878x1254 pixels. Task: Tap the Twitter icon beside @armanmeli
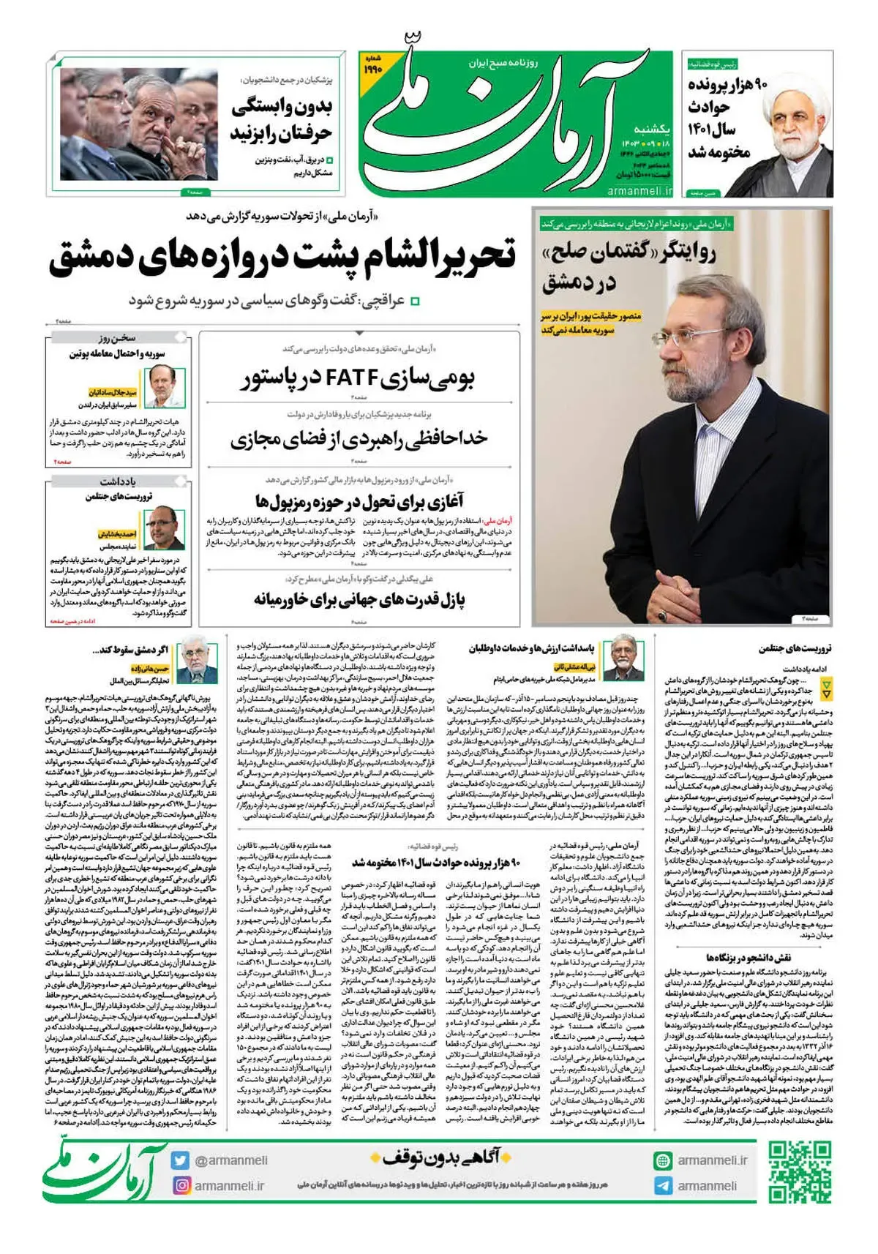180,1160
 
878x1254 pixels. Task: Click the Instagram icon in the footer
181,1185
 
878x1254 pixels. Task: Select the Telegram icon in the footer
663,1186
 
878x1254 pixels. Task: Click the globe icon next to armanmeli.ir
663,1160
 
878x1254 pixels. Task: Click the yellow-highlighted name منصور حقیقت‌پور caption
591,323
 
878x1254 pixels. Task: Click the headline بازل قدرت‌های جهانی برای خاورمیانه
360,601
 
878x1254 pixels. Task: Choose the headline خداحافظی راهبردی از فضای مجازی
359,438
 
